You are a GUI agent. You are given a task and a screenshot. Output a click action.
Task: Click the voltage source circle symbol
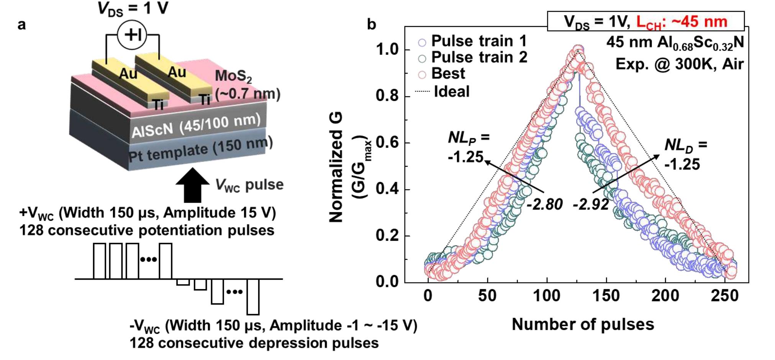click(x=132, y=35)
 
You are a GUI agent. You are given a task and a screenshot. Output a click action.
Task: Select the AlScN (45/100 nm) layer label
click(x=196, y=126)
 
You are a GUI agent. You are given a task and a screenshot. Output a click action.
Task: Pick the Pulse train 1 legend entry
click(x=474, y=41)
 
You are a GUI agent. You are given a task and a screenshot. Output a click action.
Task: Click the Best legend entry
click(x=443, y=74)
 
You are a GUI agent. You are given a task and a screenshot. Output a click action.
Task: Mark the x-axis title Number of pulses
click(x=583, y=324)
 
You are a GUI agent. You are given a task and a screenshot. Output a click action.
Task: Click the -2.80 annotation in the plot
click(x=544, y=204)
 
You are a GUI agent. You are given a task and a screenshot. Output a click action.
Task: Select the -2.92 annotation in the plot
click(x=591, y=204)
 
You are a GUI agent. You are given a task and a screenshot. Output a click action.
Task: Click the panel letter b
click(x=371, y=25)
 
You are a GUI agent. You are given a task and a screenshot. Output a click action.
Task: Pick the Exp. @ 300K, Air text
click(x=680, y=64)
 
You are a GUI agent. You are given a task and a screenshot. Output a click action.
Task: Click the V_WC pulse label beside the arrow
click(x=249, y=185)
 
